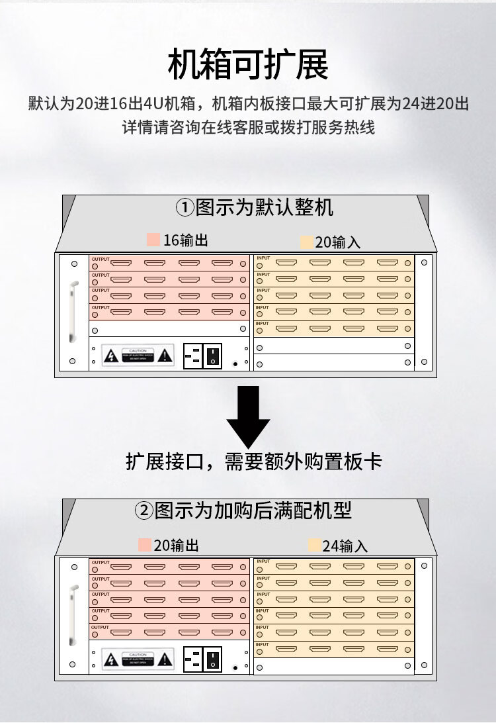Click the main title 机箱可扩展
tap(248, 65)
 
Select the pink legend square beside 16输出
tap(153, 240)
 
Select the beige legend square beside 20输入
tap(306, 242)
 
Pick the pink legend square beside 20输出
tap(144, 545)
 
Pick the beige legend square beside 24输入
tap(315, 546)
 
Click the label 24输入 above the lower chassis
tap(345, 546)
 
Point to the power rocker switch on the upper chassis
tap(212, 356)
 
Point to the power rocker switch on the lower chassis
tap(212, 659)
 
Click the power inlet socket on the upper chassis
tap(193, 356)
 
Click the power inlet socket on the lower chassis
tap(193, 659)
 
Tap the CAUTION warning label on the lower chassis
tap(138, 658)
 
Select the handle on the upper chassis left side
tap(73, 311)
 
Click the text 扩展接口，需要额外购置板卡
tap(254, 461)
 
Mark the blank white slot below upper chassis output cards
tap(169, 329)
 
